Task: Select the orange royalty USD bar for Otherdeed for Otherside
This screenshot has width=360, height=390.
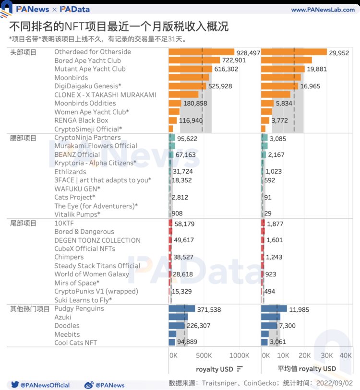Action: coord(201,52)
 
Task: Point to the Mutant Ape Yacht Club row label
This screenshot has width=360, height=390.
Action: coord(90,69)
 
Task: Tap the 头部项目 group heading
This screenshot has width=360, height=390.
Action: coord(23,52)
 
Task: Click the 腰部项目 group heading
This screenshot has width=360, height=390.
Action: coord(23,138)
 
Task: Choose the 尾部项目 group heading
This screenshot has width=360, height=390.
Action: coord(23,223)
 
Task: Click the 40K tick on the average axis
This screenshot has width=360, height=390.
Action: coord(346,355)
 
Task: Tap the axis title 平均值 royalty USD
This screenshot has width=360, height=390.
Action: coord(307,368)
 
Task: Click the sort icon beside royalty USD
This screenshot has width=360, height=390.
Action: coord(240,368)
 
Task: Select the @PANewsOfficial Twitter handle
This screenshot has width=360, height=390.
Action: coord(46,385)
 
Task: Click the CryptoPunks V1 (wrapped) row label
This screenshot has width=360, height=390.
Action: coord(96,292)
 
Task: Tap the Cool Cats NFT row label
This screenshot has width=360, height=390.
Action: coord(75,343)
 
